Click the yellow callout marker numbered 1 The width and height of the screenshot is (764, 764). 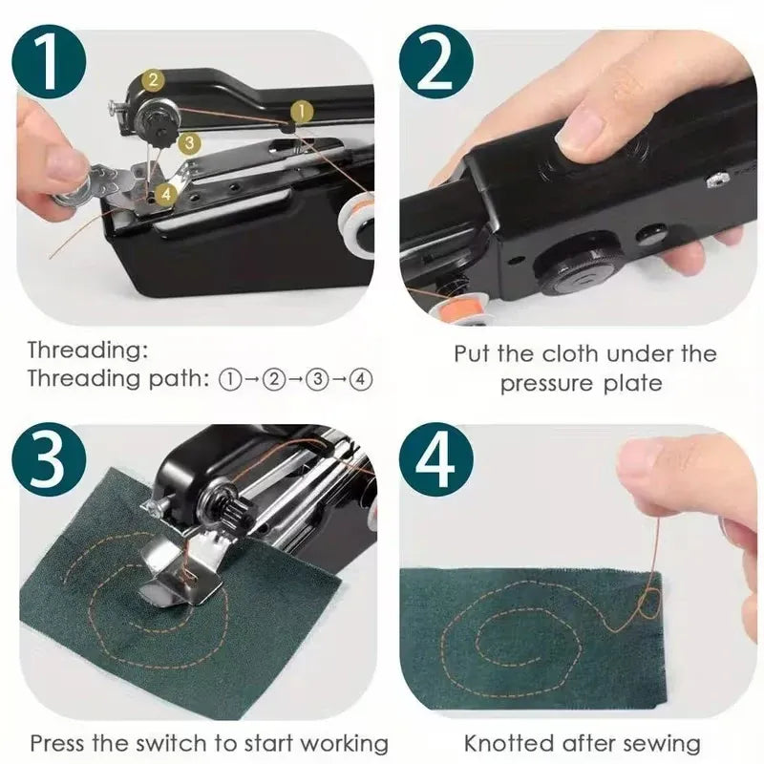point(299,112)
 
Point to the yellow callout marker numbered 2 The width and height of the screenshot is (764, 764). point(154,81)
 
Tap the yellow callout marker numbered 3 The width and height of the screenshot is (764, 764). point(189,142)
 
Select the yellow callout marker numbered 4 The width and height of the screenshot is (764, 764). point(165,193)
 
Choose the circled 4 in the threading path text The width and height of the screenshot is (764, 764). point(361,378)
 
